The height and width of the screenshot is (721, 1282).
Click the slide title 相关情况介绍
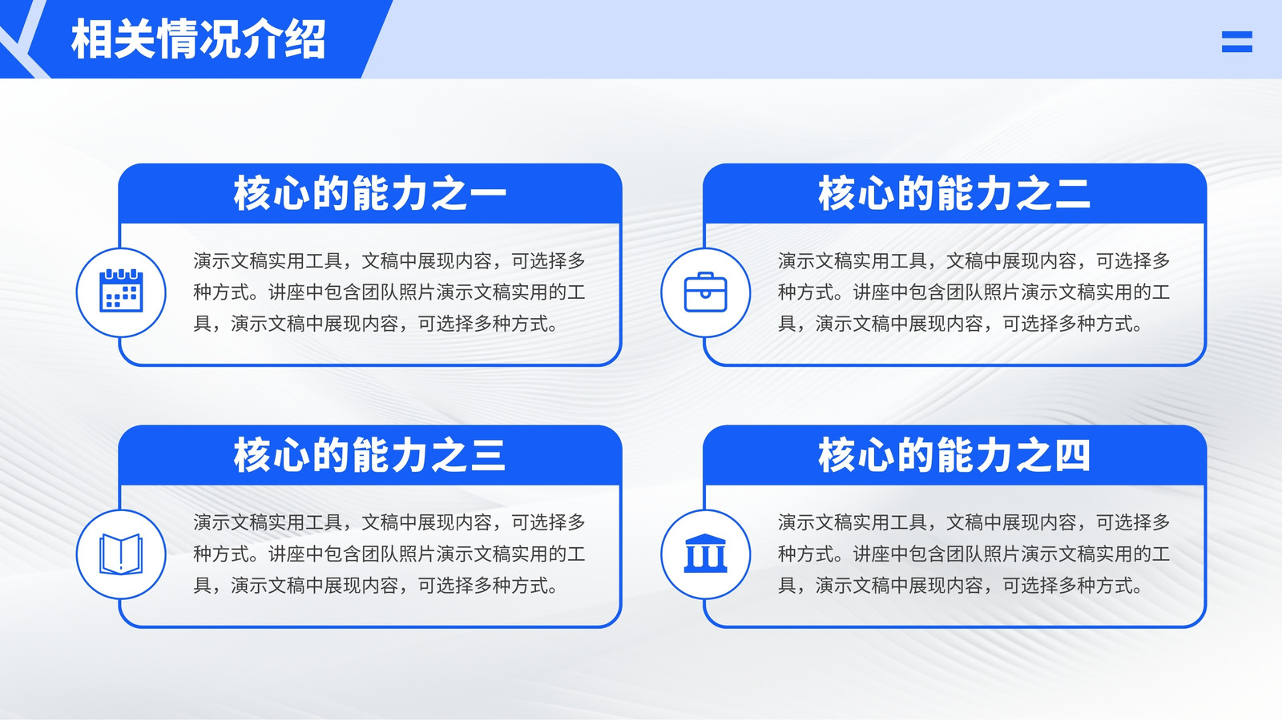pyautogui.click(x=199, y=39)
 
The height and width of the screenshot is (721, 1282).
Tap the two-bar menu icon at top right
pyautogui.click(x=1237, y=42)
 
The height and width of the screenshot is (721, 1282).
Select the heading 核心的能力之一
pyautogui.click(x=369, y=193)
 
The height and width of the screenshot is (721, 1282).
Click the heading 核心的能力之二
pyautogui.click(x=954, y=193)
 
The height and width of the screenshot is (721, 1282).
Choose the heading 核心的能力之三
pyautogui.click(x=369, y=456)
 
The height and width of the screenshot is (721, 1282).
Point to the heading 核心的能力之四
pyautogui.click(x=954, y=456)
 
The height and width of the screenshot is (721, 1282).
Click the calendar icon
pyautogui.click(x=121, y=291)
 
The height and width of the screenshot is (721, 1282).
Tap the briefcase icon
pyautogui.click(x=706, y=292)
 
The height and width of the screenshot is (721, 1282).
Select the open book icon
pyautogui.click(x=121, y=554)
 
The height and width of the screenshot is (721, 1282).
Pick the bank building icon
pyautogui.click(x=706, y=554)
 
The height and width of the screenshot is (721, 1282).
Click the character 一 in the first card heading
pyautogui.click(x=488, y=194)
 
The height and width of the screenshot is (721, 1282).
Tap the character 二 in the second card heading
pyautogui.click(x=1072, y=193)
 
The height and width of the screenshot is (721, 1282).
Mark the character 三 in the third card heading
pyautogui.click(x=488, y=456)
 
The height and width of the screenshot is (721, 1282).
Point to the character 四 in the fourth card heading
pyautogui.click(x=1072, y=456)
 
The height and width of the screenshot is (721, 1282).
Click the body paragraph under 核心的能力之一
pyautogui.click(x=389, y=292)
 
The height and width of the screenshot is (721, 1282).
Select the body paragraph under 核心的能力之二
pyautogui.click(x=974, y=292)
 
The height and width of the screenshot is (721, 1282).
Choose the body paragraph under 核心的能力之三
pyautogui.click(x=389, y=554)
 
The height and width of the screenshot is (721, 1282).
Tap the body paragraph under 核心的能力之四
pyautogui.click(x=974, y=554)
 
